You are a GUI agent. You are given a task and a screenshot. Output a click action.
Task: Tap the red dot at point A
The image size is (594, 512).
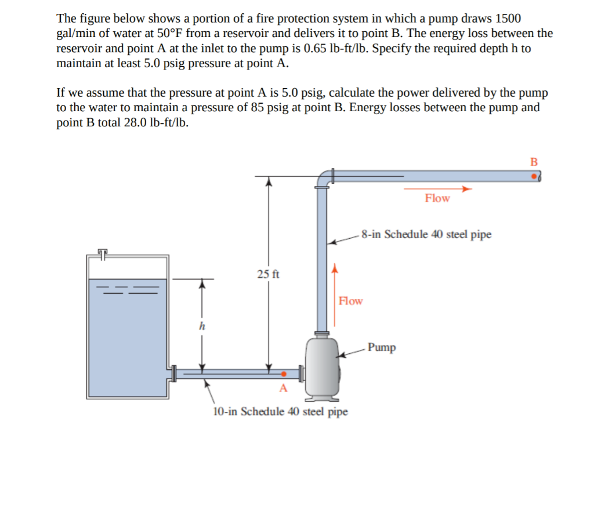coord(284,374)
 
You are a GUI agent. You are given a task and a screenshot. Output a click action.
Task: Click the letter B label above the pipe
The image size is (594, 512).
coord(534,161)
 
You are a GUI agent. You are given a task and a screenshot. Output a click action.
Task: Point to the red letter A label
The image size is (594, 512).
coord(283,388)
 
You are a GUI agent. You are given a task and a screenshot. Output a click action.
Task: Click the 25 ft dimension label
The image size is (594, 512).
coord(268,274)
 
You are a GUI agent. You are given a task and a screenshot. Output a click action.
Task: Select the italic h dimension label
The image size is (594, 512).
coord(202,327)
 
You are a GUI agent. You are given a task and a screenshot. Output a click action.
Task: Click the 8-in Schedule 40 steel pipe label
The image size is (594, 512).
coord(426,235)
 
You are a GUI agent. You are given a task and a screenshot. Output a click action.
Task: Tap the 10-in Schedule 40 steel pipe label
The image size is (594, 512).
coord(280,412)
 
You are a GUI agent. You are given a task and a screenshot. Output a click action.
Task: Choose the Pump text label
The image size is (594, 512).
coord(382,348)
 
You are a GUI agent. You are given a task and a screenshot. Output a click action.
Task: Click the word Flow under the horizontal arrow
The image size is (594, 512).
coord(437,199)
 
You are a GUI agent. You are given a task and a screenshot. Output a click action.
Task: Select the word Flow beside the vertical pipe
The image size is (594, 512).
coord(350,301)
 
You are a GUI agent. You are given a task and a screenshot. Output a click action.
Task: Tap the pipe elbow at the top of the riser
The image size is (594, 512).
coord(322,178)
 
